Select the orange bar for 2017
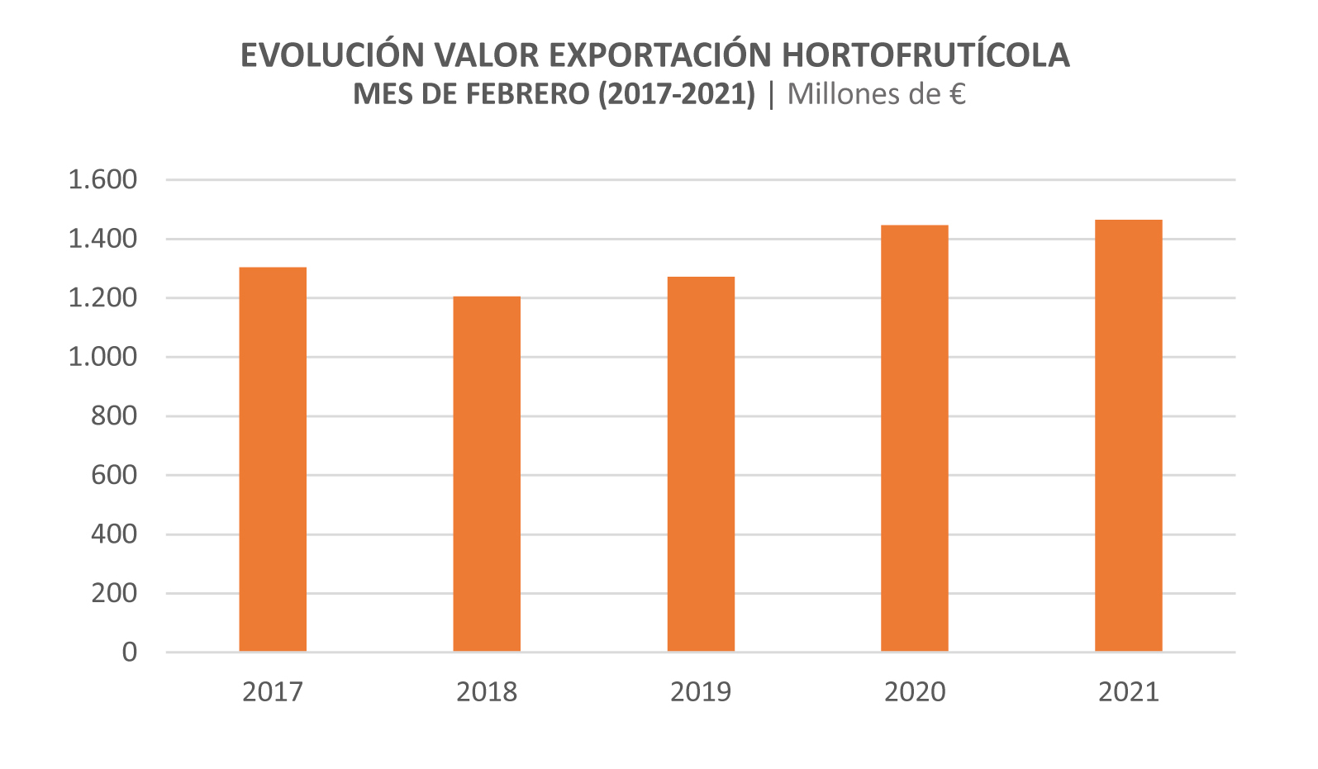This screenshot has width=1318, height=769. click(x=273, y=459)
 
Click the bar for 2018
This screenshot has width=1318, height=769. click(x=487, y=474)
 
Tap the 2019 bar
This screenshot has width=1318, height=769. click(x=701, y=464)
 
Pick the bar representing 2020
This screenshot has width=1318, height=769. click(x=915, y=439)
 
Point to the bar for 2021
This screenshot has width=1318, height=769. click(x=1129, y=435)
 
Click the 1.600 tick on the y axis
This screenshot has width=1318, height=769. click(x=102, y=180)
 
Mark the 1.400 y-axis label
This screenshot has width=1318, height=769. click(x=102, y=240)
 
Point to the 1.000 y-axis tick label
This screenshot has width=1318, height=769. click(x=102, y=358)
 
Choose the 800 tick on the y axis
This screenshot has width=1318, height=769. click(x=114, y=416)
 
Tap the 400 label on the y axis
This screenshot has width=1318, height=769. click(x=114, y=534)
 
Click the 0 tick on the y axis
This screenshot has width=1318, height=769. click(x=130, y=653)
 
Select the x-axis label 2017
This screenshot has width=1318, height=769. click(x=273, y=691)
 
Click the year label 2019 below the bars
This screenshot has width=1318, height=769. click(x=701, y=691)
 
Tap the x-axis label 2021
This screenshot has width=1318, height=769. click(x=1129, y=691)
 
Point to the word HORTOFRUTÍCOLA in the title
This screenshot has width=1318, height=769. click(x=925, y=55)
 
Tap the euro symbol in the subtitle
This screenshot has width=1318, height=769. click(x=957, y=94)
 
